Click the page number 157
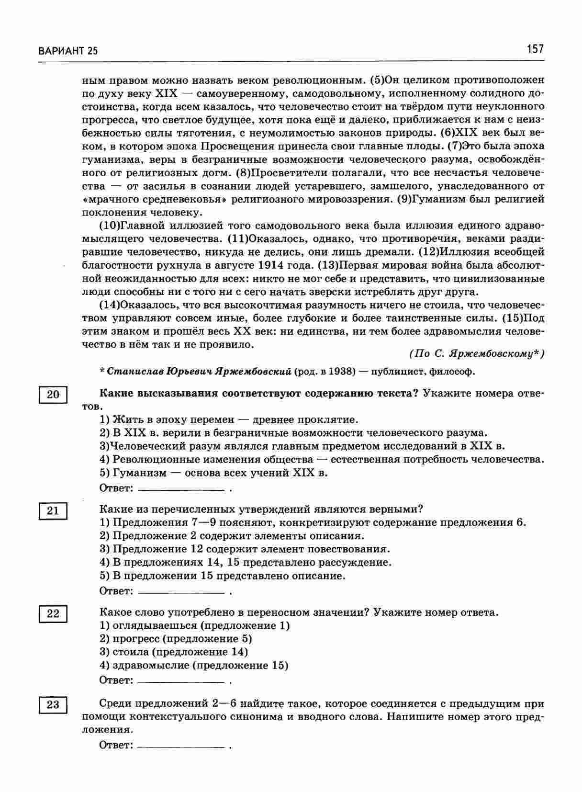(x=535, y=49)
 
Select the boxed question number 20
(x=53, y=395)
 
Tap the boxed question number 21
(x=53, y=510)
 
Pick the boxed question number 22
(x=53, y=613)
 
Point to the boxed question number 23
(x=53, y=705)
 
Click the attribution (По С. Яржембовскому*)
(x=477, y=354)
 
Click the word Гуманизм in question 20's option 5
(x=139, y=473)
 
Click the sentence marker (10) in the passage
(x=108, y=225)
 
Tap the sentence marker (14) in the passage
(x=108, y=305)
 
